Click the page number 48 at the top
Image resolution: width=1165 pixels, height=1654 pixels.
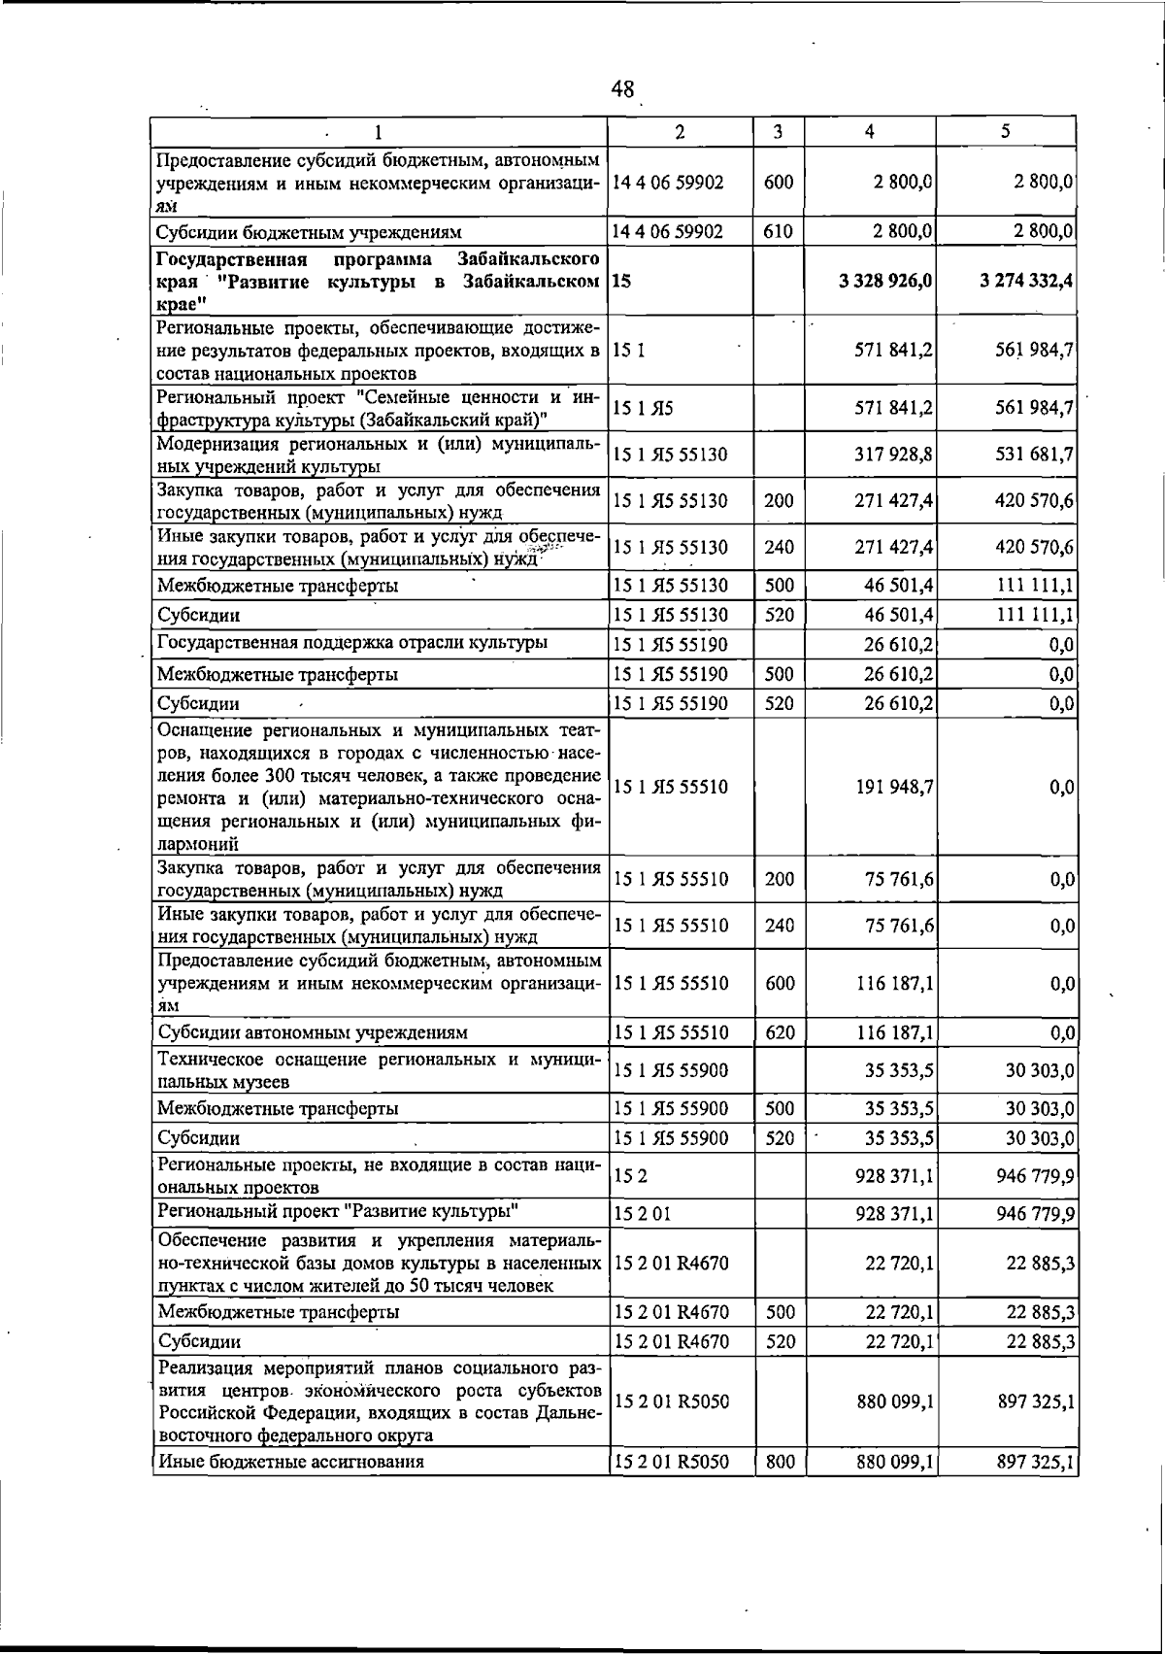pyautogui.click(x=622, y=90)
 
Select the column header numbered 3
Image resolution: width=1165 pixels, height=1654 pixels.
pyautogui.click(x=779, y=132)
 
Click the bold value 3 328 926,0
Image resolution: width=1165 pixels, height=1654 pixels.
pyautogui.click(x=884, y=281)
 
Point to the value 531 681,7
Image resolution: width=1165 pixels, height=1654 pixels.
pyautogui.click(x=1034, y=455)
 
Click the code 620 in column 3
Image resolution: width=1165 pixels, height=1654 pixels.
pyautogui.click(x=780, y=1032)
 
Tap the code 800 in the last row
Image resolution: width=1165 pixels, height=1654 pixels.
pyautogui.click(x=780, y=1461)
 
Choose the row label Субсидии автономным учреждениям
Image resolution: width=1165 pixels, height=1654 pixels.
pyautogui.click(x=313, y=1032)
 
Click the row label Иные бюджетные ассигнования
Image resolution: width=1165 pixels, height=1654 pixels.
pyautogui.click(x=291, y=1461)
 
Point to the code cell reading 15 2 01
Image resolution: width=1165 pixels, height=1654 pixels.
pyautogui.click(x=643, y=1213)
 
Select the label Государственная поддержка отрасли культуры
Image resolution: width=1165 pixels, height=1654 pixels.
pyautogui.click(x=352, y=643)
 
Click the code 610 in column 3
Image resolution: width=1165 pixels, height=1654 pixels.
pyautogui.click(x=779, y=232)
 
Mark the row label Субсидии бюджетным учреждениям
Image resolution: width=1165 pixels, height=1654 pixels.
pyautogui.click(x=310, y=232)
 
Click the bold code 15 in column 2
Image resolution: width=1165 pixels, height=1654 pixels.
pyautogui.click(x=622, y=281)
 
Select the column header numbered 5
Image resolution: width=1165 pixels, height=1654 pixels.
pyautogui.click(x=1006, y=132)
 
